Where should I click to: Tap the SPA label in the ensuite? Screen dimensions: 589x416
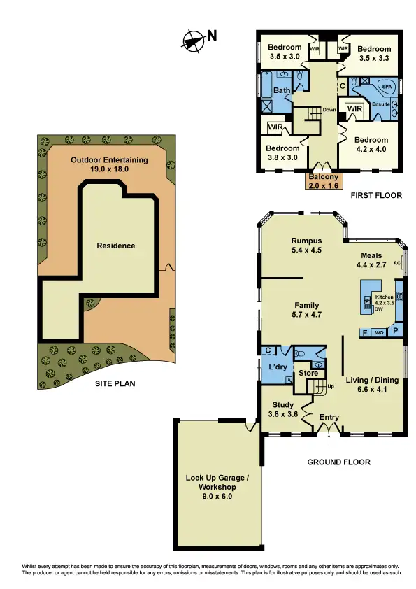point(386,87)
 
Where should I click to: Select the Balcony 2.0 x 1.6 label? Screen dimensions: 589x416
point(322,182)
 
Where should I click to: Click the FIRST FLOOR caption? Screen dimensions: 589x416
point(377,196)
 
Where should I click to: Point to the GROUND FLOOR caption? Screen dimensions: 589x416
point(339,462)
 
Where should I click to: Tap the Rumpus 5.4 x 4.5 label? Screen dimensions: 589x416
point(306,246)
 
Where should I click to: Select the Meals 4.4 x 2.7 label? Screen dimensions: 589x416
point(371,260)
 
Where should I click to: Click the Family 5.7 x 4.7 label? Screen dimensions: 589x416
point(306,310)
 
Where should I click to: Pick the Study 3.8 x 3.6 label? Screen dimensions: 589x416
point(283,409)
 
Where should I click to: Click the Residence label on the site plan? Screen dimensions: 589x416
point(116,246)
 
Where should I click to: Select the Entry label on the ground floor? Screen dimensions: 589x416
point(329,418)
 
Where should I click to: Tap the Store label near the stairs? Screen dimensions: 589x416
point(308,373)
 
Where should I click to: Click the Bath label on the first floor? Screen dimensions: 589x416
point(281,91)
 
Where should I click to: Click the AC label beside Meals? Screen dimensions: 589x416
point(397,264)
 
